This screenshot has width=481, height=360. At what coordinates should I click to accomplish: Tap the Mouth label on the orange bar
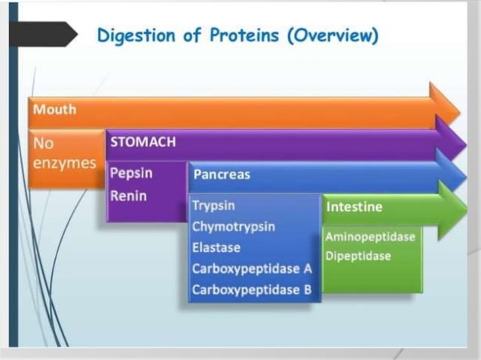click(54, 109)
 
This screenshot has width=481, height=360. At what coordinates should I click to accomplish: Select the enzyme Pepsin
click(131, 173)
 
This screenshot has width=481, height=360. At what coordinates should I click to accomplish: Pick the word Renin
click(128, 196)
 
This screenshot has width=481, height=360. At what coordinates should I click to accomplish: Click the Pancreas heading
click(222, 175)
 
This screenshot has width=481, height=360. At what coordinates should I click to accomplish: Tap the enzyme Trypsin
click(213, 206)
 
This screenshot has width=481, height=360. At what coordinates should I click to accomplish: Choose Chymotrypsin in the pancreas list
click(233, 226)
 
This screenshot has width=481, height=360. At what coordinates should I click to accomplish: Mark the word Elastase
click(216, 247)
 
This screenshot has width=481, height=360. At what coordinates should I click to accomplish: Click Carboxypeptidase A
click(251, 269)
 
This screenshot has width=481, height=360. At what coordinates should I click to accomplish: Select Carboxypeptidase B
click(251, 290)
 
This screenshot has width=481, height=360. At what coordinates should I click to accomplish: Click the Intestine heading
click(354, 206)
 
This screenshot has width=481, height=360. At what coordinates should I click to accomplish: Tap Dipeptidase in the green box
click(358, 256)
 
